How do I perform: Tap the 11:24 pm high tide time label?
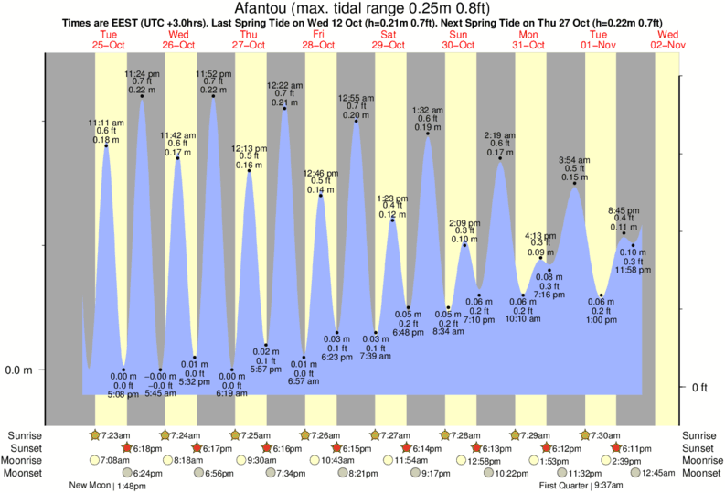click(142, 73)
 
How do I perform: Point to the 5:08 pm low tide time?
click(124, 394)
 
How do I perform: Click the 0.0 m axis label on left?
click(20, 370)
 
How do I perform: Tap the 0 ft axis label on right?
click(700, 388)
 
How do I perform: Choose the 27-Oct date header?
click(249, 44)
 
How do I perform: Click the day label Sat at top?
click(389, 34)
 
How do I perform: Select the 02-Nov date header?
click(667, 44)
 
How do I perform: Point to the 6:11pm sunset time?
click(636, 448)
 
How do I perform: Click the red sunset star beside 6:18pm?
click(127, 448)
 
